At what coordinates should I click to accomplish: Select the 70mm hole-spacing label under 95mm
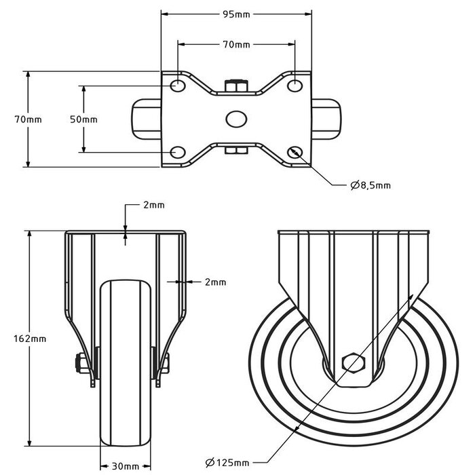(236, 45)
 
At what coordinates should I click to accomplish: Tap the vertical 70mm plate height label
(28, 119)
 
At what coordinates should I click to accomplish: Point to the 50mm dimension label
(84, 119)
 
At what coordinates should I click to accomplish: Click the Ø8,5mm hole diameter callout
(370, 185)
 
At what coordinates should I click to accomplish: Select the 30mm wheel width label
(126, 466)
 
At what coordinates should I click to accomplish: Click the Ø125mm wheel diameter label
(229, 463)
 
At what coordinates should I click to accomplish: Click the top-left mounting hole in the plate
(177, 86)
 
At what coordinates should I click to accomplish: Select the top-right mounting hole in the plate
(294, 86)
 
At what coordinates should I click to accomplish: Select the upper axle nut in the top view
(235, 85)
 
